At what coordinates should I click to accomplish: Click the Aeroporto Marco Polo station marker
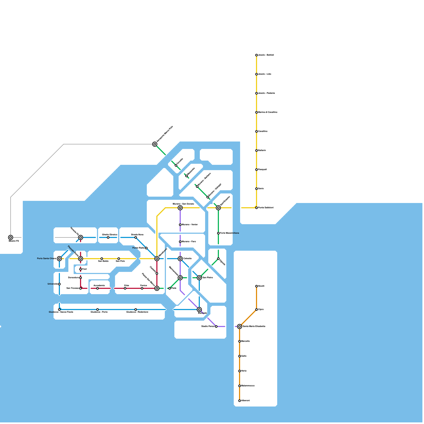tap(155, 144)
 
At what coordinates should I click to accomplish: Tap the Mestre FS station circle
tap(11, 237)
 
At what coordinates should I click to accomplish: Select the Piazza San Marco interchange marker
tap(157, 288)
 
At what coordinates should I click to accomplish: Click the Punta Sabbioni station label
tap(266, 208)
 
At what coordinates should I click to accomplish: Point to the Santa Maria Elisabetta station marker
tap(240, 326)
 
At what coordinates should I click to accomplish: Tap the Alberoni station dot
tap(240, 401)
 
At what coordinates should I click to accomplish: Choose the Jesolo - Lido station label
tap(264, 74)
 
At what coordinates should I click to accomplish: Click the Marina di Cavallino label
tap(268, 112)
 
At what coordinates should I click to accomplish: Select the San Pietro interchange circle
tap(199, 278)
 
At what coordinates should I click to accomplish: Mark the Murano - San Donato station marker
tap(180, 208)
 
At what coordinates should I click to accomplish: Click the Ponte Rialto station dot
tap(146, 248)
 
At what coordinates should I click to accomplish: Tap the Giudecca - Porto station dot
tap(98, 310)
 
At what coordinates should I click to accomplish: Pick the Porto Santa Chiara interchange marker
tap(59, 259)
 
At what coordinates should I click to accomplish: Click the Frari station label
tap(84, 269)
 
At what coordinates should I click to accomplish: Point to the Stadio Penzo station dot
tap(216, 326)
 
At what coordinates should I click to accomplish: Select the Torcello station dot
tap(176, 165)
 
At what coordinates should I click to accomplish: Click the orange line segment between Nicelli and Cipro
tap(257, 298)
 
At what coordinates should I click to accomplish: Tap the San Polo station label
tap(120, 261)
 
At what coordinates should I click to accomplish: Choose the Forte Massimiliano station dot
tap(218, 233)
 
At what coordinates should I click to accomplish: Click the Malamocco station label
tap(248, 386)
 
